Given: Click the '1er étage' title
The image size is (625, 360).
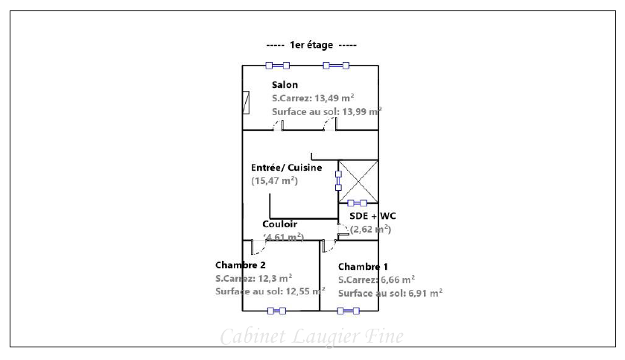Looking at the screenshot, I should point(311,45).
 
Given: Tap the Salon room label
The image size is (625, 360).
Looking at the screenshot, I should point(285,85).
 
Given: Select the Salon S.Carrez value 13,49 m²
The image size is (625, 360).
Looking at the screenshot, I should point(313,98).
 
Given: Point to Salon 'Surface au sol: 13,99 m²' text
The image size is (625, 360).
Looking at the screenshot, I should point(326,111).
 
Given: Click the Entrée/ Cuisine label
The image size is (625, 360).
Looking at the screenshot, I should point(287,168).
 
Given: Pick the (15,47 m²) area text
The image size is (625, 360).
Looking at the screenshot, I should point(275,180).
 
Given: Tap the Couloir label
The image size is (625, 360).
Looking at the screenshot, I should point(280,224).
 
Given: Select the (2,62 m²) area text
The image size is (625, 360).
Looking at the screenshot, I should point(371,229).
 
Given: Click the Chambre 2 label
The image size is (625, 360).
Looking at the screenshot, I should point(241,265).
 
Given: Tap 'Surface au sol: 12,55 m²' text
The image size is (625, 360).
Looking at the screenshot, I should point(270,291).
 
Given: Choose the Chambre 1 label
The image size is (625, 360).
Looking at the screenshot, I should point(363,267).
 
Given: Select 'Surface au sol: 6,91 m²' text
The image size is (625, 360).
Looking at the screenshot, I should point(390,293).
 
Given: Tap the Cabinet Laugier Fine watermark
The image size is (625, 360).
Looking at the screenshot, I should point(311,337).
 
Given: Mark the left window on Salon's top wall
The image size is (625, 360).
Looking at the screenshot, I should point(277,66).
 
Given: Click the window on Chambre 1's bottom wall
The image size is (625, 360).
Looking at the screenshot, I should point(348,311).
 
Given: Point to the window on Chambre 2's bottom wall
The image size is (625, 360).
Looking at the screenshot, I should point(276,311).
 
